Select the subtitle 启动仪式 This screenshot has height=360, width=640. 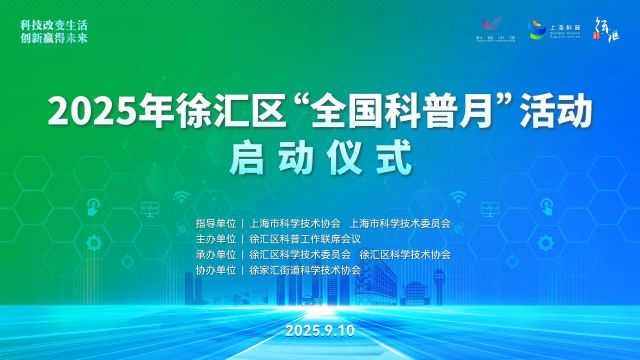point(319,157)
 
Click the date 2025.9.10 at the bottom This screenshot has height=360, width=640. point(319,329)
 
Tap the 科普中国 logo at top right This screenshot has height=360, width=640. point(495,27)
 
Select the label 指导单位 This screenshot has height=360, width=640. point(215,223)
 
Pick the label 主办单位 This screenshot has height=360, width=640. point(215,239)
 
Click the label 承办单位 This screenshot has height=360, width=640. point(215,255)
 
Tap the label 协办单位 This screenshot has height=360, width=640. point(215,271)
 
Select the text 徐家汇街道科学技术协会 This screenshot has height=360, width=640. point(304,271)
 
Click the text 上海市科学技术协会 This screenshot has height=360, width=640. point(296,223)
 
